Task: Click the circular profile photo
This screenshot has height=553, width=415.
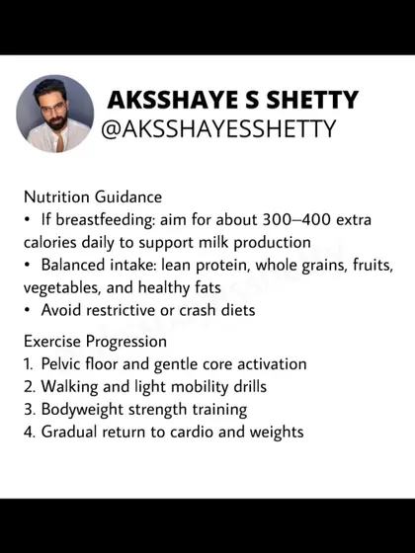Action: (55, 114)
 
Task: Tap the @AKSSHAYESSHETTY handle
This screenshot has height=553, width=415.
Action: (218, 129)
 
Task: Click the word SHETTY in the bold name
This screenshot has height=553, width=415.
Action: (312, 100)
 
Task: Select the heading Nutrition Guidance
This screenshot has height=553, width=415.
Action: (93, 197)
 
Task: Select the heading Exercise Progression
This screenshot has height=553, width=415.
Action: (95, 342)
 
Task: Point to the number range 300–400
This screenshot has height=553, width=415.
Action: (296, 219)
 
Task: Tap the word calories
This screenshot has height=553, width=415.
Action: (49, 242)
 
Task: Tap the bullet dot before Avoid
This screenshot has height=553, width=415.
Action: (27, 311)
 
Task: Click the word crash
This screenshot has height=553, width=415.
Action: (197, 310)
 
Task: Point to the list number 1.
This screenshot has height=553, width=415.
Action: (28, 364)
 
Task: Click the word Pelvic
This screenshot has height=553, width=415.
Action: (61, 364)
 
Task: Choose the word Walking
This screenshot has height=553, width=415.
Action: (69, 387)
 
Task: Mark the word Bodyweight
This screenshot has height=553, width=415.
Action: (82, 410)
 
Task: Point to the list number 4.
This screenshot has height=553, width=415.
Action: (29, 433)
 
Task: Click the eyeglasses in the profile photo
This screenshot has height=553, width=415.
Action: (53, 108)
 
